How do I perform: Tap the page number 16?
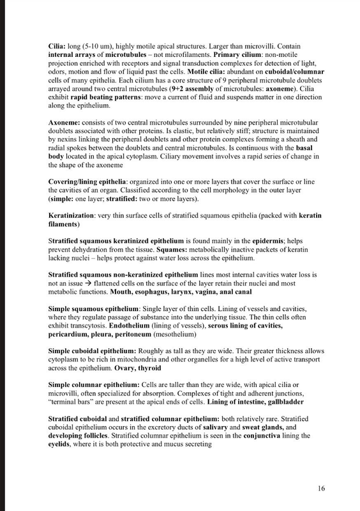[322, 489]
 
